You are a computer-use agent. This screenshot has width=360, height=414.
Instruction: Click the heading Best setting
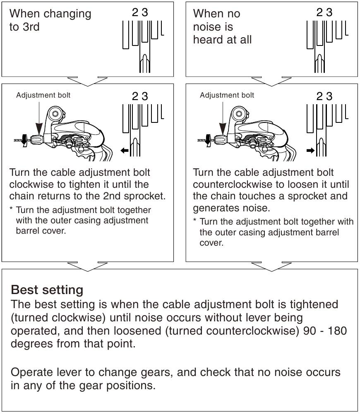47,289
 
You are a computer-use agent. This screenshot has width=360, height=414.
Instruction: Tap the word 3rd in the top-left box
30,28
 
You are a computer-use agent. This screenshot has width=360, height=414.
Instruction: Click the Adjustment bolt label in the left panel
43,96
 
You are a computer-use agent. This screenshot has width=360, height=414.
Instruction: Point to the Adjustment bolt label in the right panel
227,96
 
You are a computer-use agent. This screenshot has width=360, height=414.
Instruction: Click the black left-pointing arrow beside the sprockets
125,151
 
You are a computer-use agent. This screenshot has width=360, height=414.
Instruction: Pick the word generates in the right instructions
215,207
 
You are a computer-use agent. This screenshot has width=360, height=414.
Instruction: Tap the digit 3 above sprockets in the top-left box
144,13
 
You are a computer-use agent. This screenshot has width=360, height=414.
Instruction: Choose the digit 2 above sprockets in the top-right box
319,13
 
